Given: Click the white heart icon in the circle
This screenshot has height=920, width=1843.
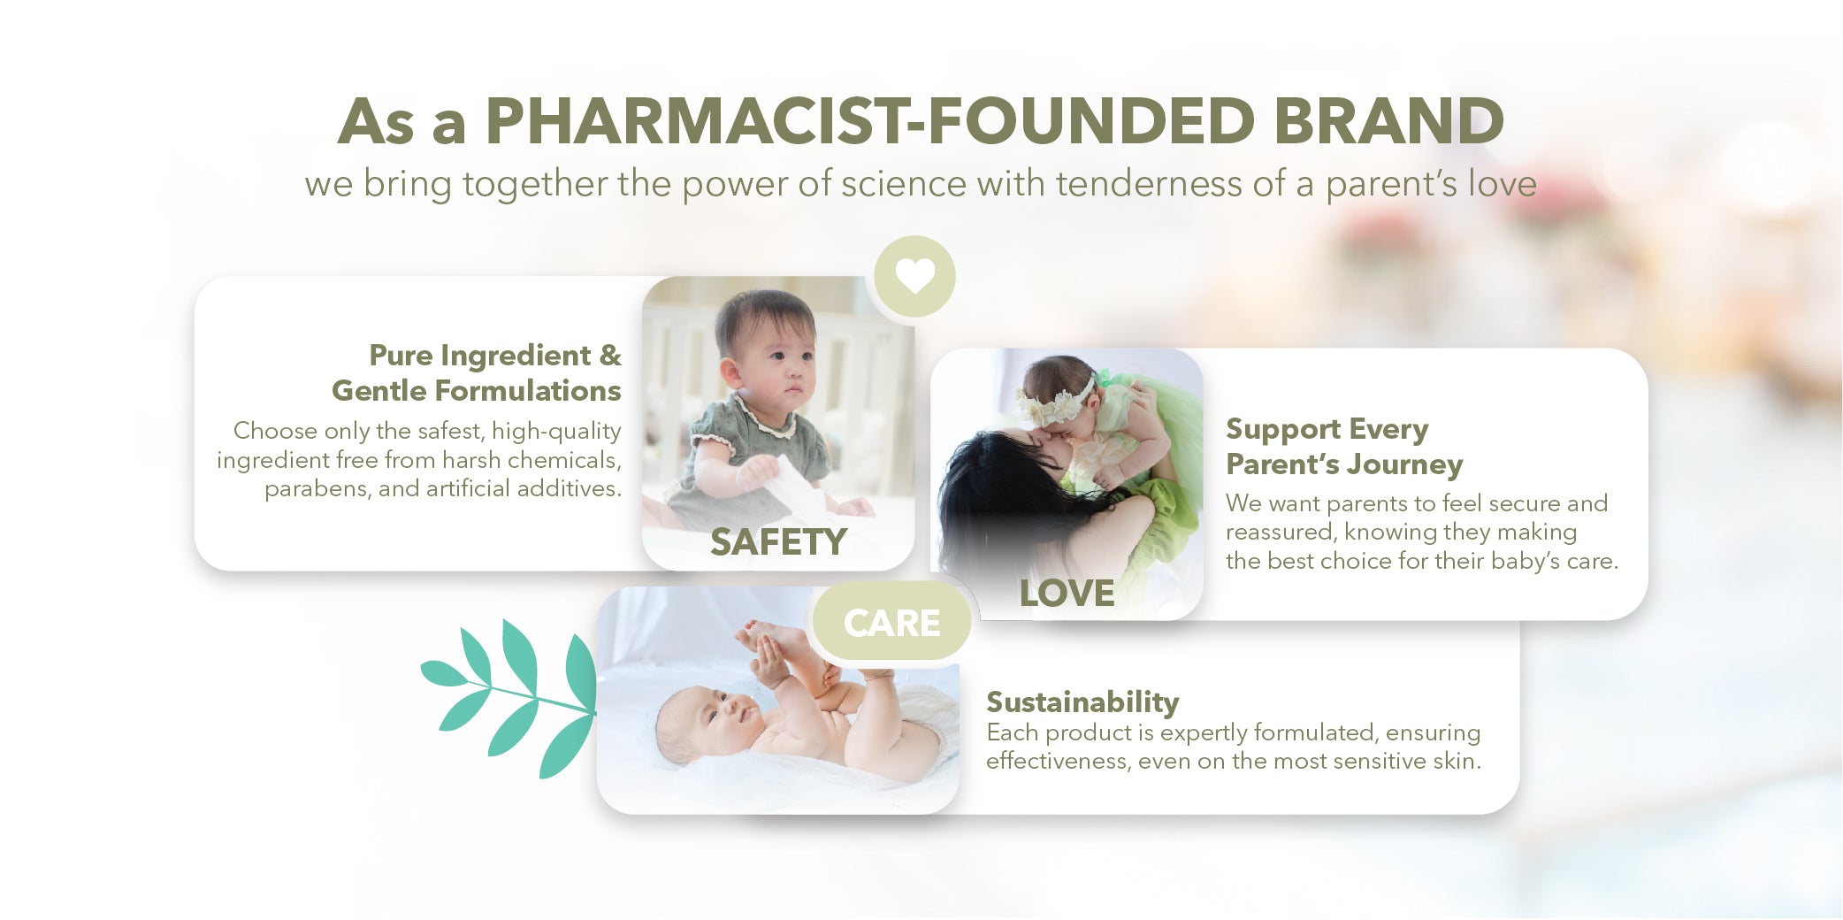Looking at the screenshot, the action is [x=914, y=275].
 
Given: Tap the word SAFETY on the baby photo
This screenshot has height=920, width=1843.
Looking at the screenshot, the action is [x=778, y=541].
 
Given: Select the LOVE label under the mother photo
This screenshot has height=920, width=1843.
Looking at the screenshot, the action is [x=1067, y=593].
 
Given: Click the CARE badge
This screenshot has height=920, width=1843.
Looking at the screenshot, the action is [x=891, y=623].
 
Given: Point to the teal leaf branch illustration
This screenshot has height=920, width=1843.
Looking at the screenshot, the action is [x=509, y=699].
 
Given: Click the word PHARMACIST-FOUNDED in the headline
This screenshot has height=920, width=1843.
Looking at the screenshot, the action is [x=870, y=121].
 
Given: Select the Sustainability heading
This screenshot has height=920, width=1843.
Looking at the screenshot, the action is [x=1082, y=702].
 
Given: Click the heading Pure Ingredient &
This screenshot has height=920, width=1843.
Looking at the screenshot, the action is [x=495, y=355].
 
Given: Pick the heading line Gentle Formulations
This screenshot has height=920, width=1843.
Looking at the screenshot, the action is [x=477, y=390].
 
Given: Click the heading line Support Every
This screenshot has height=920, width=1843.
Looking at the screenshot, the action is [x=1327, y=430].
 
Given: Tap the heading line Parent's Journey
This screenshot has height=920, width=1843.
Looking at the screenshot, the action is [x=1344, y=464].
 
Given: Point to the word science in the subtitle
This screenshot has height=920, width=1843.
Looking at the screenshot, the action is [x=904, y=184].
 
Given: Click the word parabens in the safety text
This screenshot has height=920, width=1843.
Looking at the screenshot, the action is [x=317, y=488].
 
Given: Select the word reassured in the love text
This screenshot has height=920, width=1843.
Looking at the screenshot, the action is [x=1280, y=532].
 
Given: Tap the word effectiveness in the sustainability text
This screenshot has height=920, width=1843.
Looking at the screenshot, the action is [x=1056, y=761].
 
